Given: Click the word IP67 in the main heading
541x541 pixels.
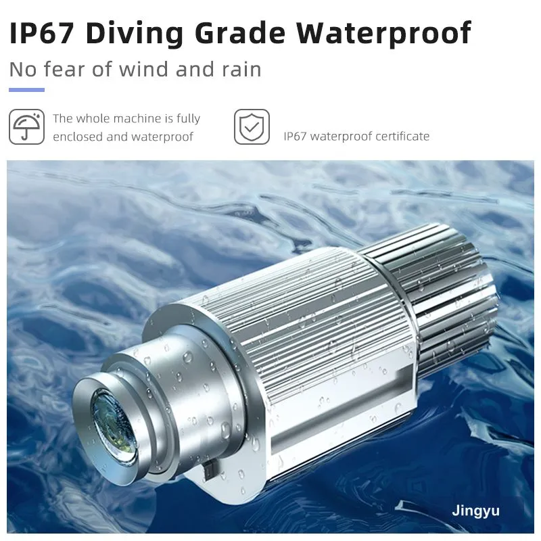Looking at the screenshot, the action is [41, 32].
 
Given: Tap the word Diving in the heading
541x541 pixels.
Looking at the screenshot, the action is [135, 34].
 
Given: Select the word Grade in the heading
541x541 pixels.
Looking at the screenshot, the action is [240, 32].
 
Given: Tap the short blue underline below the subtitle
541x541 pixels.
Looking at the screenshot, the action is [26, 90].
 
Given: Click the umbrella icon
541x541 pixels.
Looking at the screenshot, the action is [26, 126].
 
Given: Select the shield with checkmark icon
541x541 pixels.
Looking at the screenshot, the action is [252, 126].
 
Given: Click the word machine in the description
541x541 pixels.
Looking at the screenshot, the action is [137, 119].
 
